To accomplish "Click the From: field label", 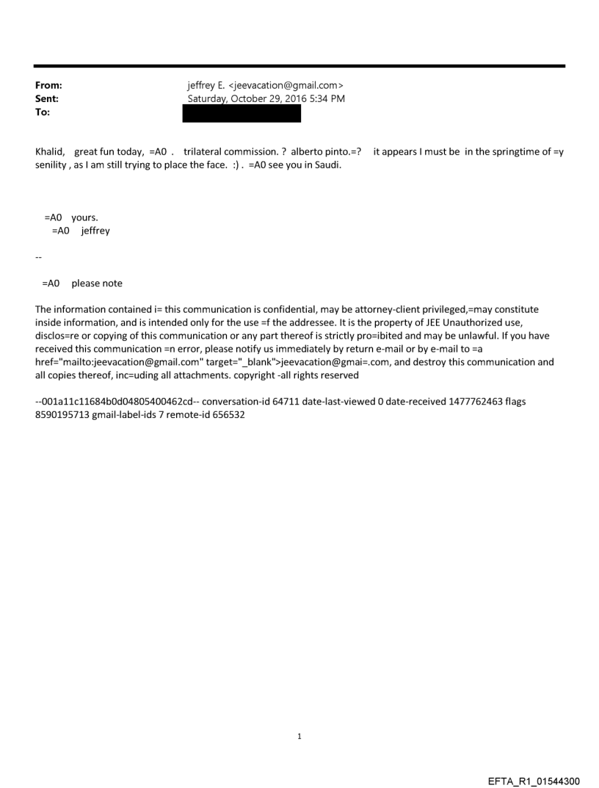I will (48, 85).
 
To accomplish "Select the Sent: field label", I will (47, 98).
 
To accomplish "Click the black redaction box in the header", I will (242, 113).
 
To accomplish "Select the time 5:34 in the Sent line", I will (317, 98).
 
